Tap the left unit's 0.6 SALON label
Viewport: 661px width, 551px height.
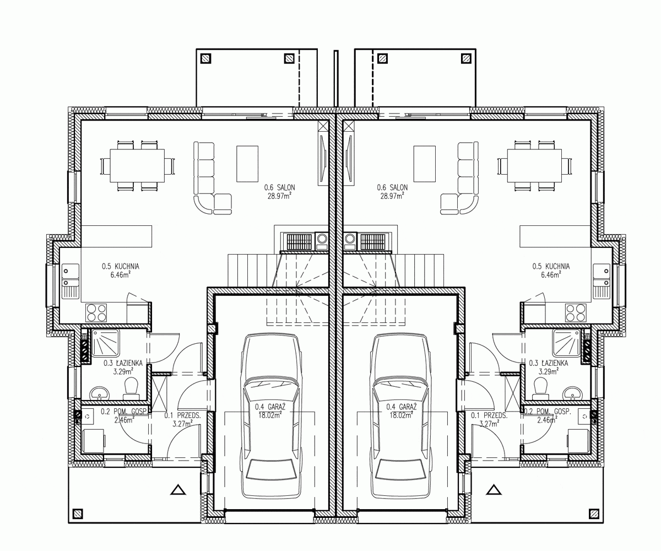279,187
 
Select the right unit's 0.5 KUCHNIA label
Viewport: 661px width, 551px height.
551,266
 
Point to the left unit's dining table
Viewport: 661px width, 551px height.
137,166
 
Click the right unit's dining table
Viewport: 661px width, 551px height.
534,166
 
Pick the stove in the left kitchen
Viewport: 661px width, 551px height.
96,312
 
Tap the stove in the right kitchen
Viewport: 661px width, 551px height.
576,312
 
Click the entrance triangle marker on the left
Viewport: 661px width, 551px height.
178,489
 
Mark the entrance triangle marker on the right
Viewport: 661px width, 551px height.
494,489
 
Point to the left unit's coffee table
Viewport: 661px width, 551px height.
247,164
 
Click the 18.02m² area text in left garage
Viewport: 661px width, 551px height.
270,415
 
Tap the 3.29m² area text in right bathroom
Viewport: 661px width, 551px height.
548,371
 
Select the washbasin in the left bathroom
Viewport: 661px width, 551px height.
100,393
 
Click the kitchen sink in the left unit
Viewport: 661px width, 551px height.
71,280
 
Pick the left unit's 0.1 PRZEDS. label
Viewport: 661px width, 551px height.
183,415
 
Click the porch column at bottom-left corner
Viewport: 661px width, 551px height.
78,514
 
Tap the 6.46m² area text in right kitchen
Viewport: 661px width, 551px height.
551,274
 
